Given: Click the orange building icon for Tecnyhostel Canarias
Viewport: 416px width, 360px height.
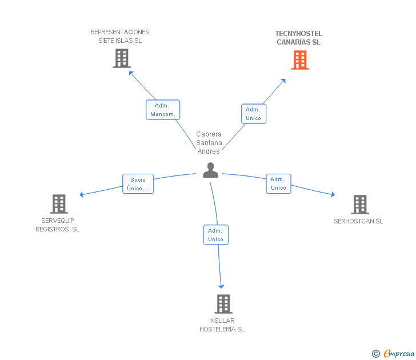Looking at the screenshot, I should click(x=300, y=60).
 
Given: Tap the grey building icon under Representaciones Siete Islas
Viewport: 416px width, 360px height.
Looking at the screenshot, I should click(x=122, y=58).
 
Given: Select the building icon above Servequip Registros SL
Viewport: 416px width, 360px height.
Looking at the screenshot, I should click(x=59, y=204).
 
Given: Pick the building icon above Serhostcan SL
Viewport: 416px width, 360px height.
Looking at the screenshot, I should click(x=359, y=205).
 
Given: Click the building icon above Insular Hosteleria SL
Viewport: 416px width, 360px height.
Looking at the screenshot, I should click(x=223, y=304).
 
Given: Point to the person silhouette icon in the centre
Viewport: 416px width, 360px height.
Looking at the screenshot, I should click(x=211, y=170).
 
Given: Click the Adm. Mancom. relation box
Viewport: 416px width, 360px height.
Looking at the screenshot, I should click(x=163, y=110).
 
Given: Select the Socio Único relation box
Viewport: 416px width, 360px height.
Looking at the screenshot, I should click(x=138, y=183).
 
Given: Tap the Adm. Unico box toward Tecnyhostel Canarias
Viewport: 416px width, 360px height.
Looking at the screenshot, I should click(x=253, y=114).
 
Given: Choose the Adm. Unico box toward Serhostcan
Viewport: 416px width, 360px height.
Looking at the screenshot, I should click(x=278, y=183).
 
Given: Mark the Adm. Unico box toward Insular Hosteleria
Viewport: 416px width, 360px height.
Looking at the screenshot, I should click(x=215, y=234).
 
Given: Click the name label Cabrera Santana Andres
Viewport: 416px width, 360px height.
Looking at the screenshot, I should click(x=209, y=143).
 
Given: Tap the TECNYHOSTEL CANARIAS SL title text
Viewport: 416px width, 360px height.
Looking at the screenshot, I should click(x=298, y=38).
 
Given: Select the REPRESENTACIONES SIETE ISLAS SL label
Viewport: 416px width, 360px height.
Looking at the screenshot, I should click(x=120, y=36).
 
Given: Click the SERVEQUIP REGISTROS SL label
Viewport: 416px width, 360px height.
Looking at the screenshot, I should click(x=58, y=225).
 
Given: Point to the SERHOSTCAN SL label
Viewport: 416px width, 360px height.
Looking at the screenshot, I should click(x=358, y=221).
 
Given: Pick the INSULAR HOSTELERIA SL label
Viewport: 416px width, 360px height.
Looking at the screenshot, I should click(x=222, y=325).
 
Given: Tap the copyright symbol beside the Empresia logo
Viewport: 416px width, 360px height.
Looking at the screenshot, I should click(x=375, y=354).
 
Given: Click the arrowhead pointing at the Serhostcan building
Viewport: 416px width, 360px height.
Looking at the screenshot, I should click(x=332, y=195).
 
